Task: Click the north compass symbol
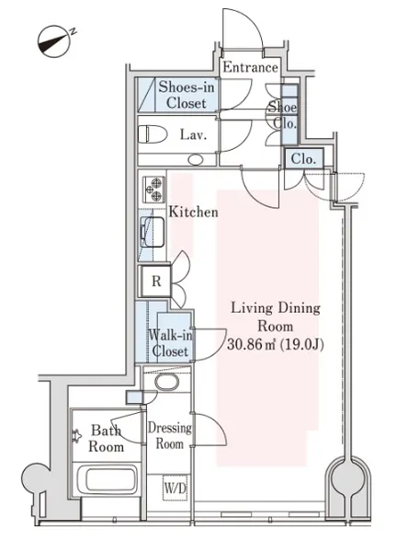[54, 41]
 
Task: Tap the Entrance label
[250, 67]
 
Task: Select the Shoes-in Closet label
[187, 95]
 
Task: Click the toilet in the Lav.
[153, 134]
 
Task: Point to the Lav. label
[193, 134]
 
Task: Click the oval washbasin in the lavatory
[196, 159]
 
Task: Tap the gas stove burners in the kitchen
[153, 190]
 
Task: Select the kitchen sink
[153, 232]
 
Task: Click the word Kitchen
[193, 212]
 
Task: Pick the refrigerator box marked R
[156, 282]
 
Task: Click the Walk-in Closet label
[170, 343]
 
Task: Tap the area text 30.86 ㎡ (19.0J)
[275, 344]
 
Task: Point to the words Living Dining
[276, 307]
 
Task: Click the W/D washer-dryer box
[175, 488]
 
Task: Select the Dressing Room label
[169, 435]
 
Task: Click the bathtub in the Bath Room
[106, 478]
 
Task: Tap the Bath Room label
[107, 439]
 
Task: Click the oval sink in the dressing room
[167, 382]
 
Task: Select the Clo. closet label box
[303, 158]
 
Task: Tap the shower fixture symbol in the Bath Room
[76, 436]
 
